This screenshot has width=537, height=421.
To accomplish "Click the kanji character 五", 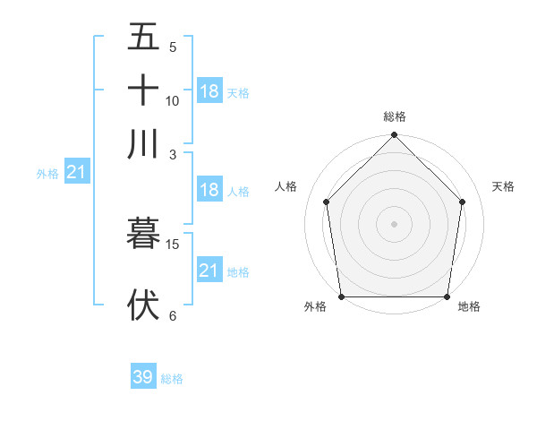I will coord(143,38).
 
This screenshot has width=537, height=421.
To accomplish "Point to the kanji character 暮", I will coord(143,233).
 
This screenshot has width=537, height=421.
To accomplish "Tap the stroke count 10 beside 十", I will coord(173,100).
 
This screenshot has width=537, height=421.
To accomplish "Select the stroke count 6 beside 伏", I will coord(173,315).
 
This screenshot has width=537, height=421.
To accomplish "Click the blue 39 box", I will coord(143,377).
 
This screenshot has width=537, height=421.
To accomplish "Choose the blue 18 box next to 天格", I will coord(209,90).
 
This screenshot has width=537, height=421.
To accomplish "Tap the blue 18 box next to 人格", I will coord(209,190).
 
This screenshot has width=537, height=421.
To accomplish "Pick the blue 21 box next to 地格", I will coord(209,270).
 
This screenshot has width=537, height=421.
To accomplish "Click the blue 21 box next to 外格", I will coord(76,172).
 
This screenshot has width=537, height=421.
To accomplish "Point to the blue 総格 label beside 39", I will coord(172,379).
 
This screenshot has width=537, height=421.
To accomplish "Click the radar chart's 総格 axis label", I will coord(395,116).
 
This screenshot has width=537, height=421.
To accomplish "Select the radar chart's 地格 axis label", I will coord(469,306).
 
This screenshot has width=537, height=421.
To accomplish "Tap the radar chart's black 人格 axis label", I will coord(286,186).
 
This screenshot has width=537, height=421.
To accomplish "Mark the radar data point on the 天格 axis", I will coord(463,202).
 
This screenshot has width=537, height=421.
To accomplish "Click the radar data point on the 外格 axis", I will coord(341,296).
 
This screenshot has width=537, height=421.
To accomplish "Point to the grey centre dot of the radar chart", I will coord(394,223).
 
